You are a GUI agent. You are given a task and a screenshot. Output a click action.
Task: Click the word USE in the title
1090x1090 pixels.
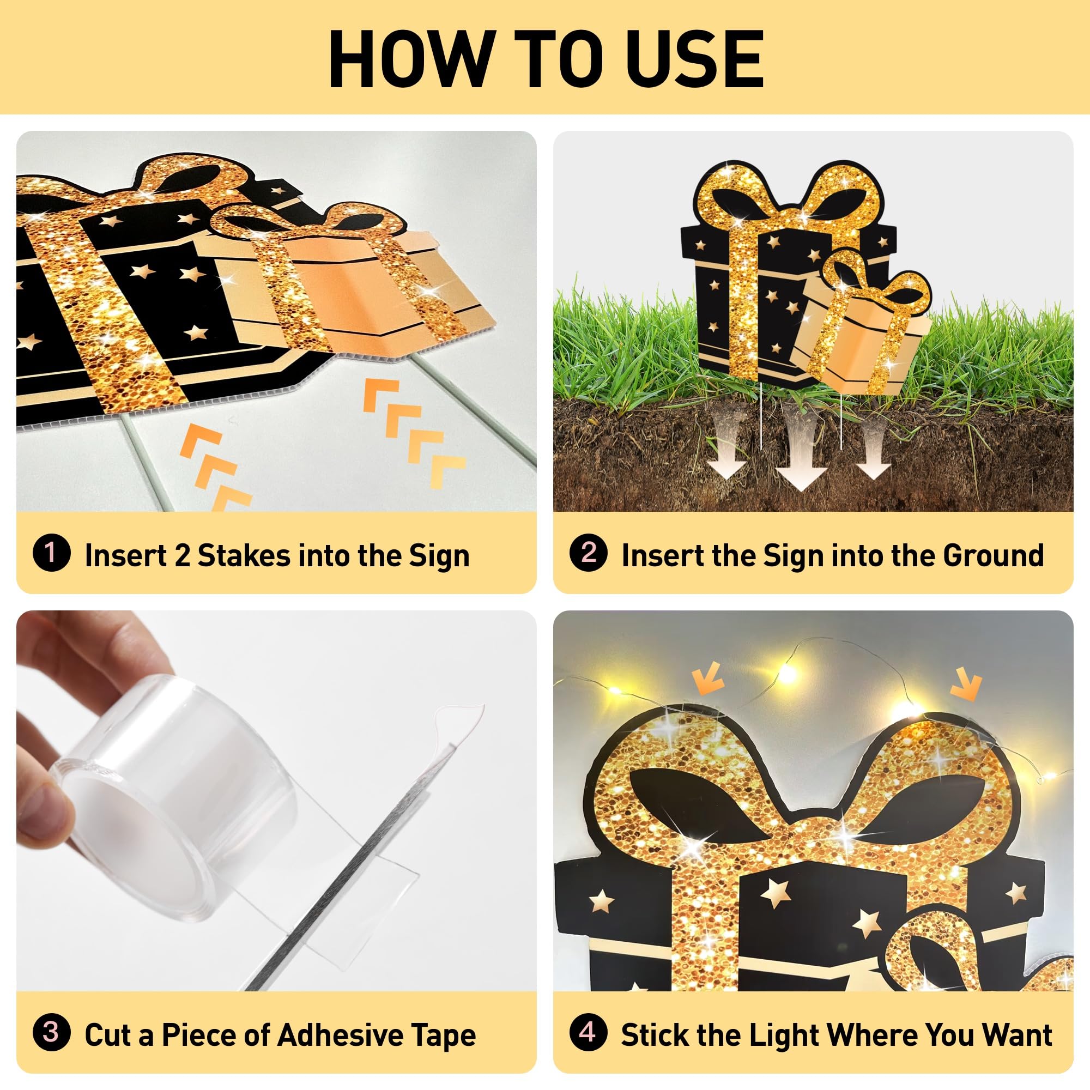pyautogui.click(x=694, y=59)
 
